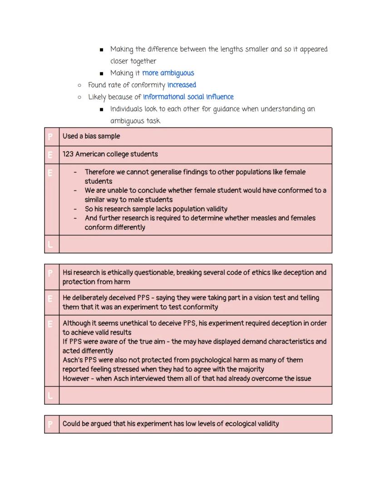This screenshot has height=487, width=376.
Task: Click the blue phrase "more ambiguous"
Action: pyautogui.click(x=168, y=73)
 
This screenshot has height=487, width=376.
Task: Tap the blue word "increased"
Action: pyautogui.click(x=182, y=85)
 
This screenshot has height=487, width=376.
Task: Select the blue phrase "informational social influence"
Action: pyautogui.click(x=188, y=97)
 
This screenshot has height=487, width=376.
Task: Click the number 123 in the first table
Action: pyautogui.click(x=68, y=154)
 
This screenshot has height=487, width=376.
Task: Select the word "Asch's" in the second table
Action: pyautogui.click(x=73, y=360)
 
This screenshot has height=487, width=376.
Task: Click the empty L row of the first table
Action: pyautogui.click(x=195, y=244)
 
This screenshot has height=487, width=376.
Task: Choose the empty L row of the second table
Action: pyautogui.click(x=195, y=396)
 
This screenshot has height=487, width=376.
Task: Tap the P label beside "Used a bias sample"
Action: pyautogui.click(x=51, y=136)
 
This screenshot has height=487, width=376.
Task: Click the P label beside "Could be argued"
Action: pyautogui.click(x=51, y=424)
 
